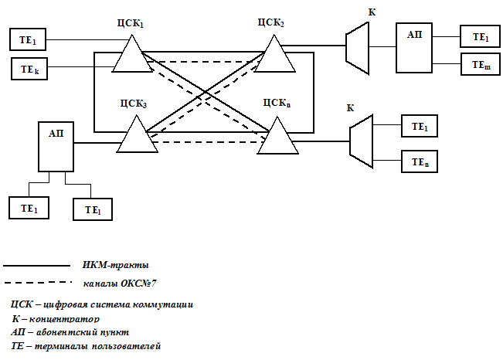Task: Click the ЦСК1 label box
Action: (131, 23)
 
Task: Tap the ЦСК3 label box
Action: (133, 102)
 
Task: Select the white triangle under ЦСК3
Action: (138, 135)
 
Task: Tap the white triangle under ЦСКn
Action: (277, 136)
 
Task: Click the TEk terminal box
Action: (29, 70)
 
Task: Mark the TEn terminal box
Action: (420, 161)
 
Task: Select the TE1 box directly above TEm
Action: (480, 36)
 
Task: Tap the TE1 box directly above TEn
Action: (420, 126)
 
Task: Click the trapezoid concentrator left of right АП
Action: (357, 47)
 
